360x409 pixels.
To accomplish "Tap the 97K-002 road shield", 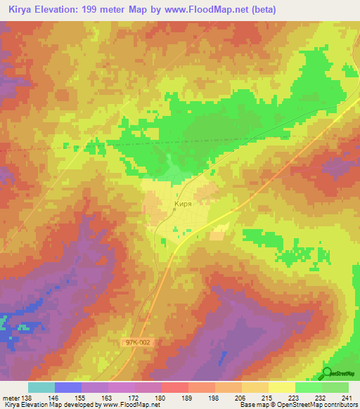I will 138,342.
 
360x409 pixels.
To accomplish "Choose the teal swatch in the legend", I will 41,387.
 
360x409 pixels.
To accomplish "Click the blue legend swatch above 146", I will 67,387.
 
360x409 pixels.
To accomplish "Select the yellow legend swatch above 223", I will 282,387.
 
